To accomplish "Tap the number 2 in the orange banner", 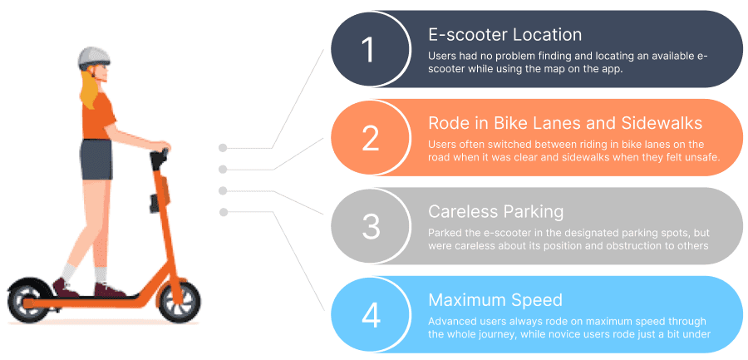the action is (370, 139).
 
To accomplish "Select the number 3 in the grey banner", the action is (370, 226).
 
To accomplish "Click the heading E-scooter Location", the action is (504, 35).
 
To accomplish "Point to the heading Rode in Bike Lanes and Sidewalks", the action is (565, 123).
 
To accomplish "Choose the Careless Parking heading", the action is (495, 211).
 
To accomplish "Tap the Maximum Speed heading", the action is (495, 300).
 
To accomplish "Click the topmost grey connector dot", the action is (223, 148).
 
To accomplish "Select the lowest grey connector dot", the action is (223, 213).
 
